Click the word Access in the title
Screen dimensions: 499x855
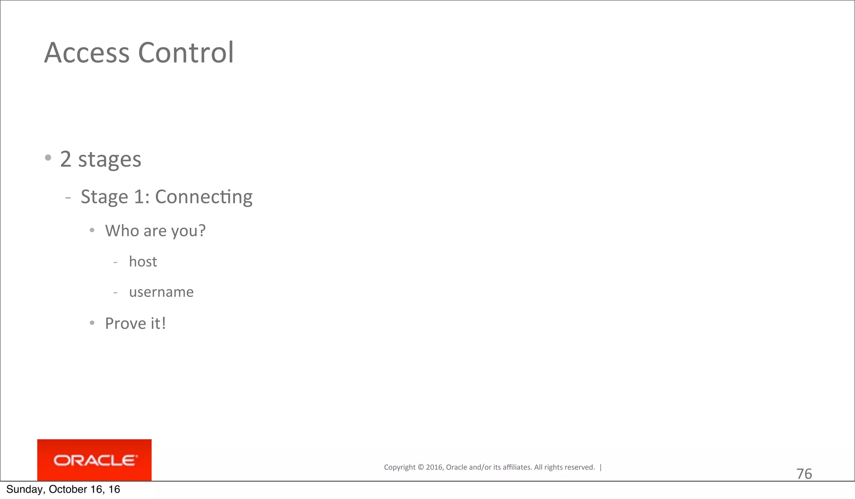coord(87,53)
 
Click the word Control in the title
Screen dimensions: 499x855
coord(186,53)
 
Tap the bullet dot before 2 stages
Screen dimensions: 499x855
coord(48,158)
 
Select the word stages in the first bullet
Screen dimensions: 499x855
coord(109,160)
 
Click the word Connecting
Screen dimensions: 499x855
coord(204,197)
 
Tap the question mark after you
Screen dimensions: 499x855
coord(202,231)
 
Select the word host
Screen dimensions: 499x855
coord(143,262)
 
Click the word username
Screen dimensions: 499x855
coord(161,292)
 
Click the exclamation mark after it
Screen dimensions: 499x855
coord(164,323)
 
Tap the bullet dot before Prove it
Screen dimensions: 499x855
coord(92,323)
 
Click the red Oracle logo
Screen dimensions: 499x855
coord(94,460)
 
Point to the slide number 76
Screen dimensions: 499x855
coord(804,474)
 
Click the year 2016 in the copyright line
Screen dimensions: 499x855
coord(434,467)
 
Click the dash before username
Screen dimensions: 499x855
coord(115,293)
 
